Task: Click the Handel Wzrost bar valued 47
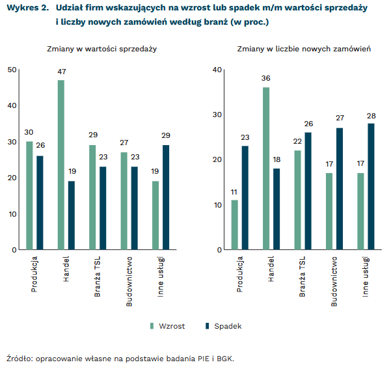tap(61, 165)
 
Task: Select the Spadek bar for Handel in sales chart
tap(72, 215)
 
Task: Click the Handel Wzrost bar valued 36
tap(266, 168)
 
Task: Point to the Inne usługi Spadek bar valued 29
tap(166, 197)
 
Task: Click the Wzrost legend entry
tap(168, 326)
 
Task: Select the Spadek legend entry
tap(222, 326)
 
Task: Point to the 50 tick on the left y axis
tap(12, 70)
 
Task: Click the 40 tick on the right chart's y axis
tap(217, 70)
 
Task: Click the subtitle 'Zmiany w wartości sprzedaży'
tap(101, 49)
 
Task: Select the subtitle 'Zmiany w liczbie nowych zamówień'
tap(304, 49)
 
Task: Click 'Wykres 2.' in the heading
tap(27, 8)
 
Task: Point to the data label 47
tap(61, 71)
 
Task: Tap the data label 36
tap(266, 78)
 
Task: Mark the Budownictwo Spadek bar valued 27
tap(340, 188)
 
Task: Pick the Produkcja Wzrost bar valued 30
tap(29, 195)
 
